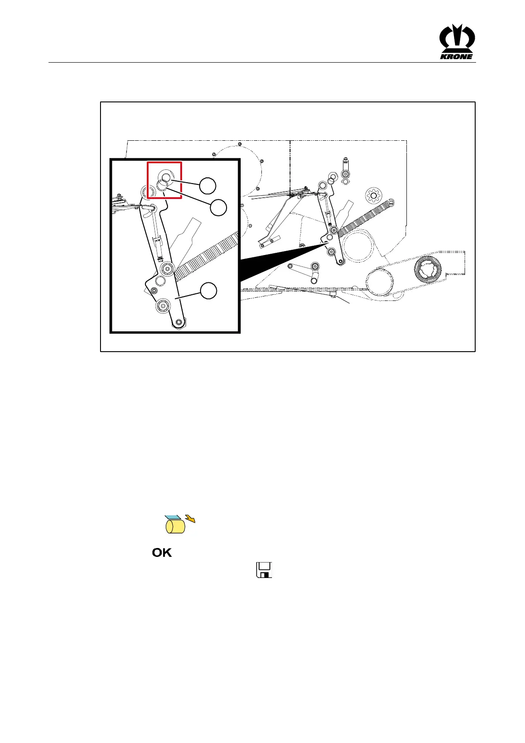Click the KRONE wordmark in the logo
point(457,56)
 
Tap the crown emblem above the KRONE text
point(457,39)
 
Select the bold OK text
point(162,552)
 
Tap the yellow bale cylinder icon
point(175,526)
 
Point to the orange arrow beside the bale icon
point(190,518)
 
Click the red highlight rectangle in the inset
point(164,180)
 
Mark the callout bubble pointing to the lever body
point(209,291)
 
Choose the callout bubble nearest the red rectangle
point(208,186)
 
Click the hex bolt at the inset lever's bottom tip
point(178,323)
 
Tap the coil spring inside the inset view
point(207,257)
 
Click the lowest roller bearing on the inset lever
point(163,305)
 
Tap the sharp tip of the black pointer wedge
point(327,242)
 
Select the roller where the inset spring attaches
point(168,269)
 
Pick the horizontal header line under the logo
point(262,63)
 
